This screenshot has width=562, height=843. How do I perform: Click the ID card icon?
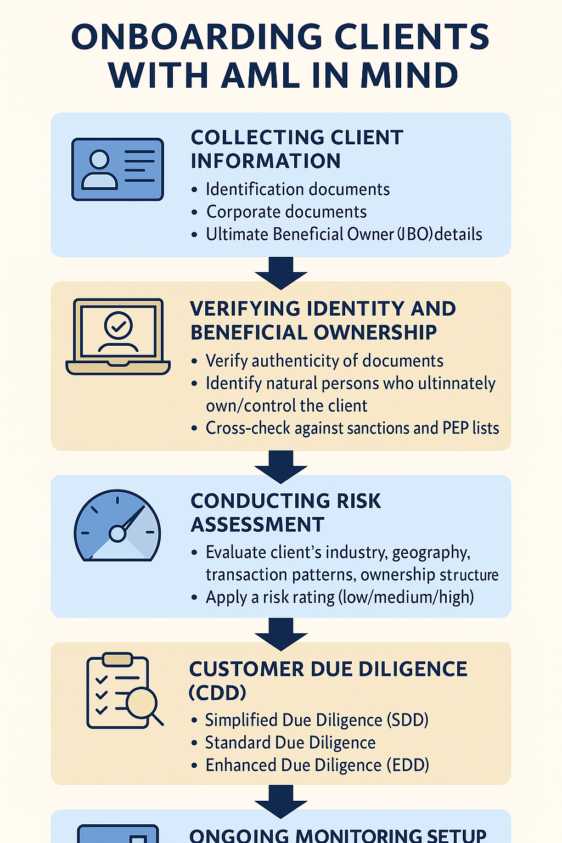pos(117,169)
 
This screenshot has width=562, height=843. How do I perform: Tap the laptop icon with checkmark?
pos(118,337)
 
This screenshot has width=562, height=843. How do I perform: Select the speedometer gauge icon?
pos(117,526)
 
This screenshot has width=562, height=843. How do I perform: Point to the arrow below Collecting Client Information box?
pos(281,272)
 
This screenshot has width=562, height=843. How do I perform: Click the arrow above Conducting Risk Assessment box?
pos(281,467)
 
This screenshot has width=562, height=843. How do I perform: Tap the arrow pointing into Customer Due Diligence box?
pos(281,633)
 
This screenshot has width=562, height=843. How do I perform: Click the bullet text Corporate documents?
pos(286,212)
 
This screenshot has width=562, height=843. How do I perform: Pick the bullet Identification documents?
pos(297,189)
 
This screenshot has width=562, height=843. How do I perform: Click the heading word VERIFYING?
pos(245,309)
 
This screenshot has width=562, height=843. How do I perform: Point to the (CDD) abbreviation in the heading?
pos(217,693)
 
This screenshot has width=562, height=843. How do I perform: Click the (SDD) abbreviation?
pos(407,720)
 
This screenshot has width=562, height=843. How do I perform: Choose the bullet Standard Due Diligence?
pos(290,743)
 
